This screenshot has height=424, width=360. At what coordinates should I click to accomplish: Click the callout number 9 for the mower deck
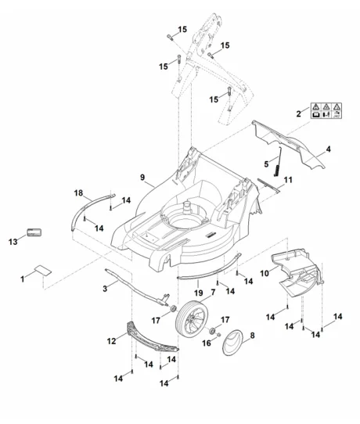click(x=142, y=178)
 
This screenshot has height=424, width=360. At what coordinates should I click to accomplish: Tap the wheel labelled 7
click(x=192, y=318)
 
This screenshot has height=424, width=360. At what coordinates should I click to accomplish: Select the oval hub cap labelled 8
click(x=232, y=342)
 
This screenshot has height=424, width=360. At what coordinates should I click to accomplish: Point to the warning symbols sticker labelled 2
click(x=326, y=110)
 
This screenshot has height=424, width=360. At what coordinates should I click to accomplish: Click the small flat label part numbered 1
click(x=43, y=271)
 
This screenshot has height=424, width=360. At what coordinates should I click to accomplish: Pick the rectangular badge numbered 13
click(x=34, y=232)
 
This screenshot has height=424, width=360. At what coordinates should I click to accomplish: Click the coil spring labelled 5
click(x=279, y=162)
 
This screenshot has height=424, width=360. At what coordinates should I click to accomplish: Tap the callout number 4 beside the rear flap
click(x=328, y=149)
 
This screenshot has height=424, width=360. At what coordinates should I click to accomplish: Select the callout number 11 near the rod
click(x=288, y=180)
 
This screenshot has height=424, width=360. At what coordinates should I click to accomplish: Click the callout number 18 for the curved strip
click(x=78, y=193)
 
